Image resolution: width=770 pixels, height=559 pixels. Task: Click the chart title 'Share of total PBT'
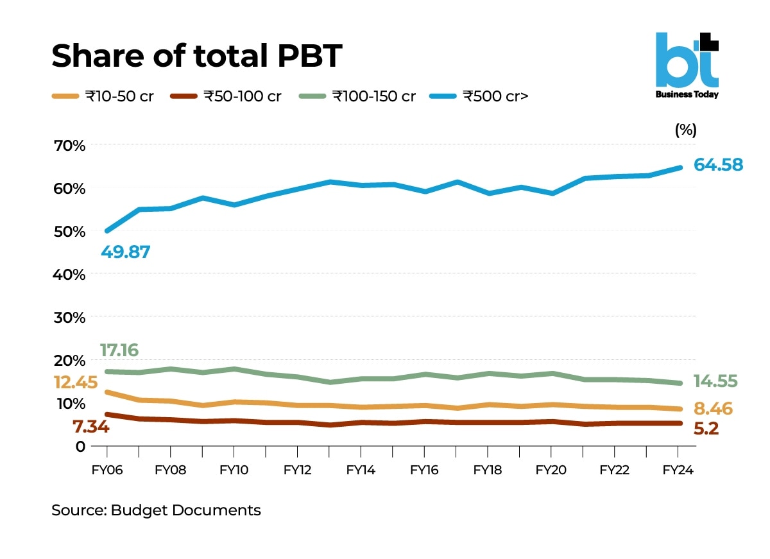point(196,56)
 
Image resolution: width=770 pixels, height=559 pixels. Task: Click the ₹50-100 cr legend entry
point(227,97)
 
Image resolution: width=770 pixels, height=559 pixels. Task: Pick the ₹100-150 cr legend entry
point(357,97)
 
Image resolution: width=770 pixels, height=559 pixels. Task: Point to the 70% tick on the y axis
point(70,145)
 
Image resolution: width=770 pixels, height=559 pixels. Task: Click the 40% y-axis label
point(70,274)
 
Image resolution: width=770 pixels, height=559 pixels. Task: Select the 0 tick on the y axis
point(80,446)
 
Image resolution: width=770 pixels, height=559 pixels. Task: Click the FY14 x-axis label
point(361,470)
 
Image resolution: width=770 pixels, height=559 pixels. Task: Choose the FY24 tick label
point(678,470)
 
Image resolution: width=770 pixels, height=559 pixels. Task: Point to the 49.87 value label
point(125,252)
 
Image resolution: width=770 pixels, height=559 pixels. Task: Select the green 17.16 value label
point(119,350)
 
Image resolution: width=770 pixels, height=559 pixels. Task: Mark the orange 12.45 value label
point(75,383)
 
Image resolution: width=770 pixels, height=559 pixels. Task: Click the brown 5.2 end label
point(706,429)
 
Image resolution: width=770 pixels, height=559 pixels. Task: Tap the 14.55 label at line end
point(715,382)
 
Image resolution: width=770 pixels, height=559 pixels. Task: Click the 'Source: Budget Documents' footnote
point(156,511)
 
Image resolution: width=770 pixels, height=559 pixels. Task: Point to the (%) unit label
point(685,130)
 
